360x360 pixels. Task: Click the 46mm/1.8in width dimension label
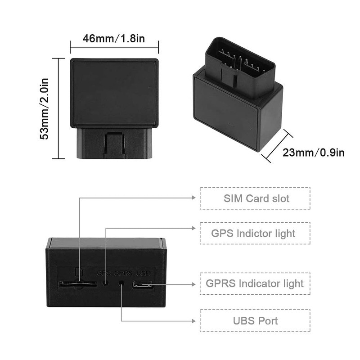point(114,38)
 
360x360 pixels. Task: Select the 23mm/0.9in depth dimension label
point(314,153)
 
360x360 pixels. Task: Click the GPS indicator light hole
point(106,283)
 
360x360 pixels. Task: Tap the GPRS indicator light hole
point(121,283)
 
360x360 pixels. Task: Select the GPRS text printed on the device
point(123,273)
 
